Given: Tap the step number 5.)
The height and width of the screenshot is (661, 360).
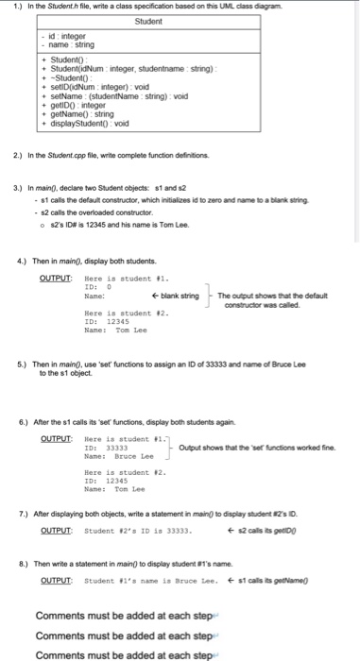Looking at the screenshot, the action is [x=25, y=364].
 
